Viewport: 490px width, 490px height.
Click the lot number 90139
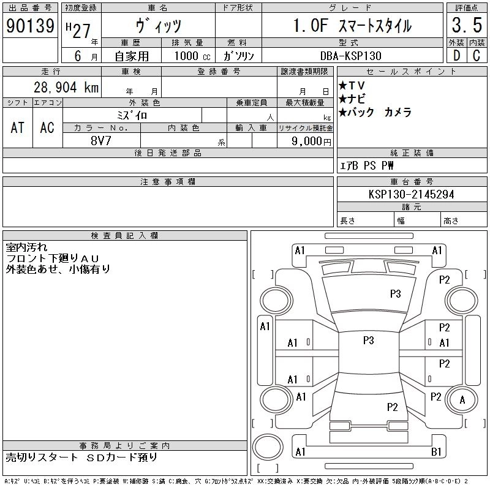click(30, 26)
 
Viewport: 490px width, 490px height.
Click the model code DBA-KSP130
click(351, 55)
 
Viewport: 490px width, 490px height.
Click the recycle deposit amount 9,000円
click(312, 141)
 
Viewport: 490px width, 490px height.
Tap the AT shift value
click(18, 128)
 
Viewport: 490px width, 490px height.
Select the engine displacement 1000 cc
click(192, 55)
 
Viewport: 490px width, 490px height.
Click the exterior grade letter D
click(456, 55)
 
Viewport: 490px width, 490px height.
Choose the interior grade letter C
click(476, 55)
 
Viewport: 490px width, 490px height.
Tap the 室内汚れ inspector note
click(26, 247)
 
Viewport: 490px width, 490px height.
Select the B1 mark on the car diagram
click(437, 452)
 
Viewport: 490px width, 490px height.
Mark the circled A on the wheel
click(462, 400)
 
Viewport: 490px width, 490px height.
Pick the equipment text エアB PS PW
click(367, 165)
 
